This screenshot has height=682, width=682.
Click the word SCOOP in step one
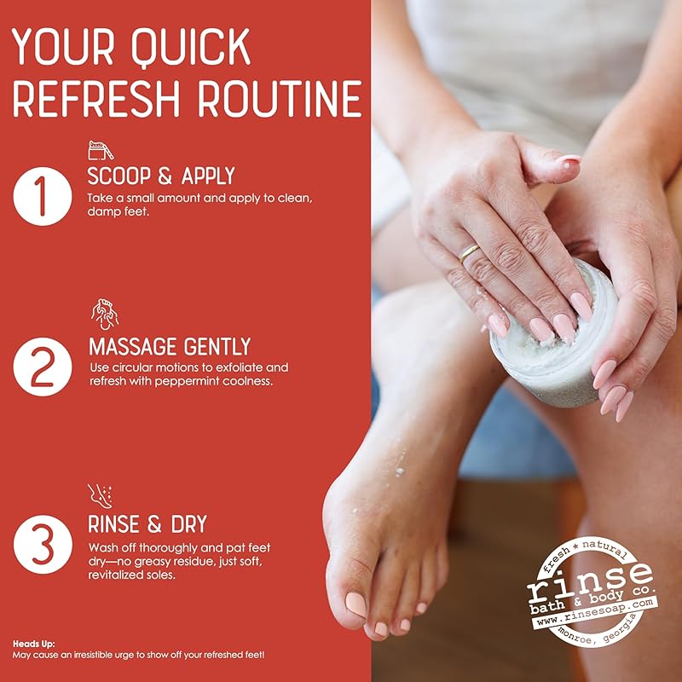click(x=119, y=176)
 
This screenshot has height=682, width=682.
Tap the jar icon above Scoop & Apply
click(x=101, y=152)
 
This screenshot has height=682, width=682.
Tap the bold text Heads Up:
click(x=34, y=643)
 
